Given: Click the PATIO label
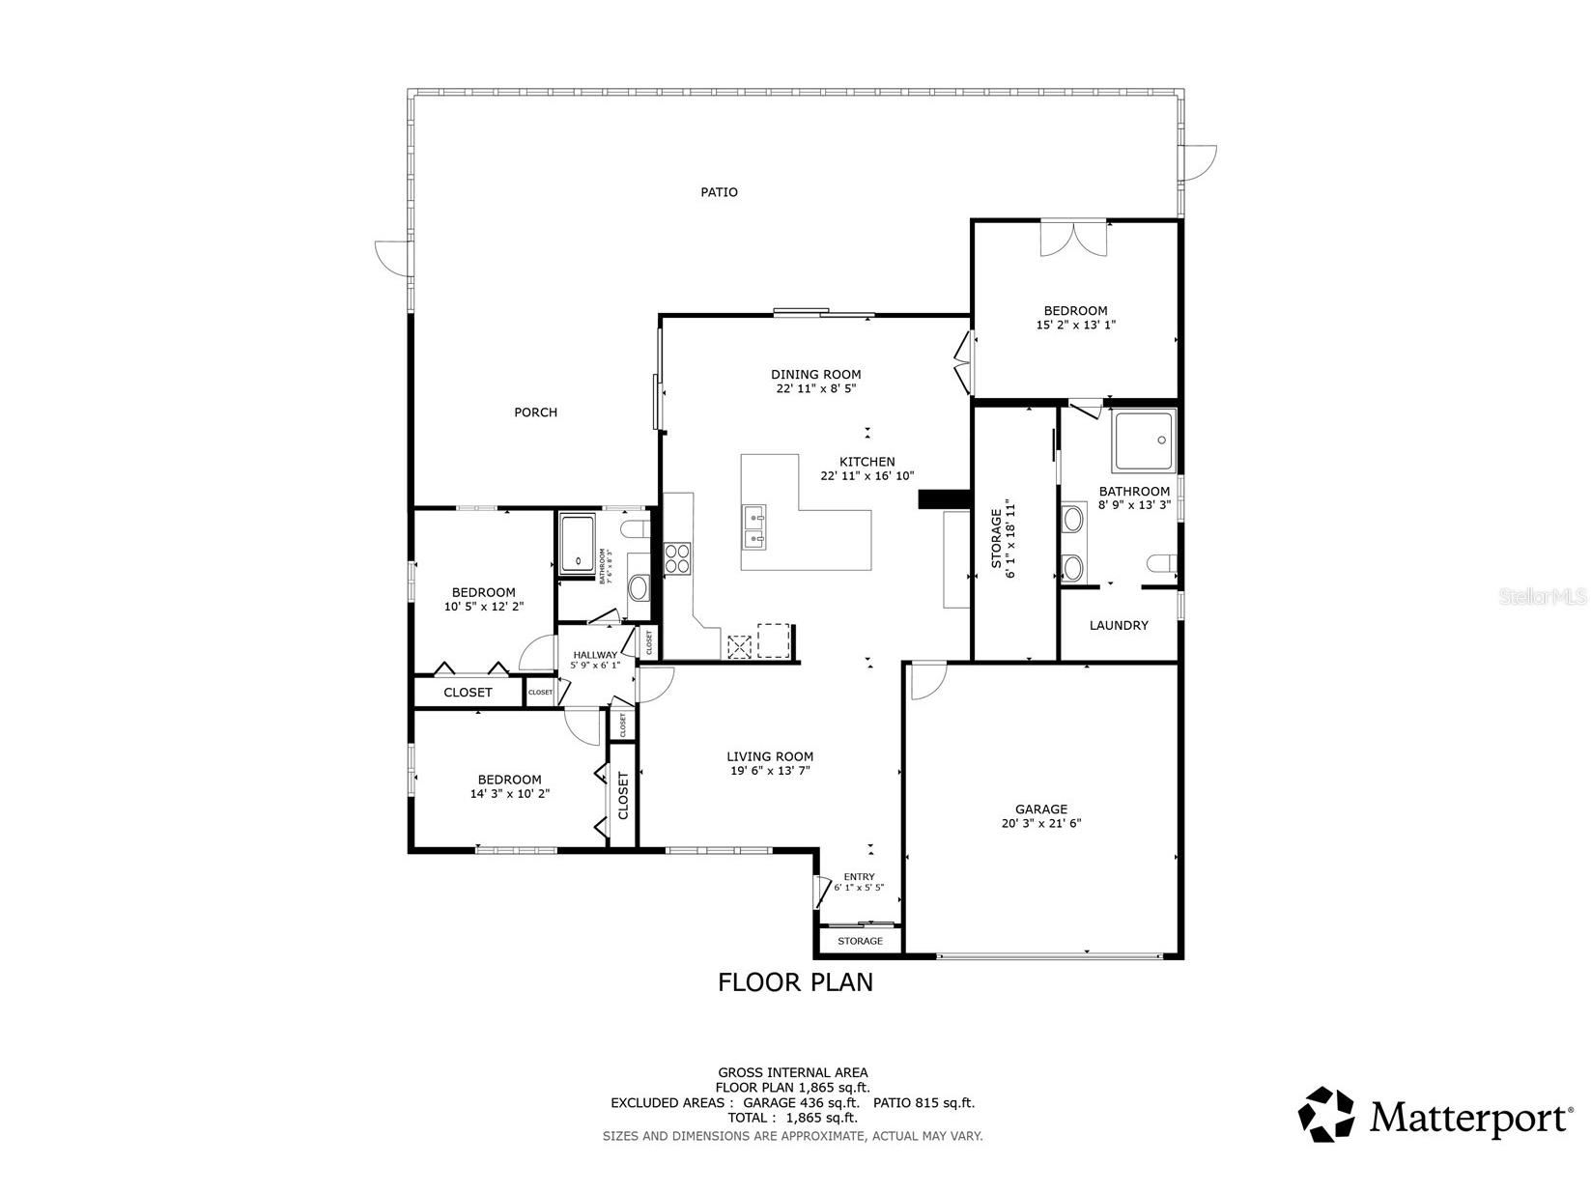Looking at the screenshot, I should click(x=719, y=192).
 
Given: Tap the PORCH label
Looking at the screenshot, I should click(x=535, y=412).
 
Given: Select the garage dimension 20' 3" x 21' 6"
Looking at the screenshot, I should click(x=1040, y=824).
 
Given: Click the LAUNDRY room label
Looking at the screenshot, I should click(x=1119, y=625).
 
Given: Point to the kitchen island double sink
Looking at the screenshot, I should click(x=755, y=525).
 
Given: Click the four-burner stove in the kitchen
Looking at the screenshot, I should click(x=678, y=558).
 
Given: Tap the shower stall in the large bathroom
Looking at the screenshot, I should click(x=1144, y=440).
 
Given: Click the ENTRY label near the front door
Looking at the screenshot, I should click(x=859, y=877).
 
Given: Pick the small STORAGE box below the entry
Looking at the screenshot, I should click(x=860, y=941).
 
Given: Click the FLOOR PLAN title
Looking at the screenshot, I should click(x=795, y=982).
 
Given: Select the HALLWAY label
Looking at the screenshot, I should click(x=594, y=655).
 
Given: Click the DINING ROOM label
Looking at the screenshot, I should click(x=815, y=375).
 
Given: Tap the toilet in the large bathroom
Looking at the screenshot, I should click(x=1160, y=563).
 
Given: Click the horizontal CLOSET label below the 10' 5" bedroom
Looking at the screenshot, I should click(x=468, y=693).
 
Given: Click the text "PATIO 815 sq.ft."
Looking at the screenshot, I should click(x=923, y=1102).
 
